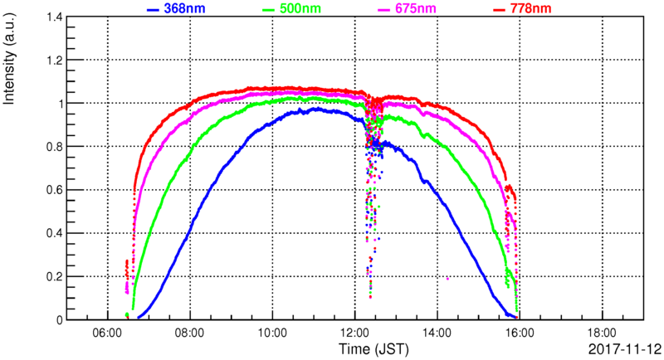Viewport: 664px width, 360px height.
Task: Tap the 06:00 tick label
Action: pos(108,330)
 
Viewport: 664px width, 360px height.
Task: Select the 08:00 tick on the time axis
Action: pos(190,330)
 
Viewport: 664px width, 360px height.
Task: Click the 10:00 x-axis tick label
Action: pos(272,330)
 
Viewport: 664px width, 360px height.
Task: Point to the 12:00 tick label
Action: pos(355,330)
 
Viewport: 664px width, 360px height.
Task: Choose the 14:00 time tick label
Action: pos(437,330)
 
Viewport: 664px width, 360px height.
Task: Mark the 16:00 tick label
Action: pos(520,330)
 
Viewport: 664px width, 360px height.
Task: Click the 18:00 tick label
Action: pos(602,330)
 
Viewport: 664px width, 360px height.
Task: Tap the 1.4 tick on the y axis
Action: pos(52,17)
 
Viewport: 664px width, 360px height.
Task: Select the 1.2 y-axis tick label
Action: pos(52,61)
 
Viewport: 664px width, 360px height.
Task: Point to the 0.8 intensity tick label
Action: pos(52,147)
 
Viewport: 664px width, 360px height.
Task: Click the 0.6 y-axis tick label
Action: pos(52,190)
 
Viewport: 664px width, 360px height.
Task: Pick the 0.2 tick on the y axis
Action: pos(52,276)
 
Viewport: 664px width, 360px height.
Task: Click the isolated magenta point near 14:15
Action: pos(448,279)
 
